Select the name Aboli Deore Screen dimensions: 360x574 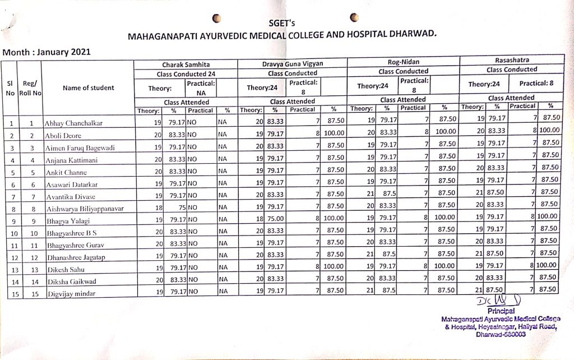(x=64, y=136)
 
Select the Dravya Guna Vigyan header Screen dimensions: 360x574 (x=292, y=64)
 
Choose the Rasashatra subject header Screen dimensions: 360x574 (x=511, y=60)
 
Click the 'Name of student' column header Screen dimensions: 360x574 (x=88, y=87)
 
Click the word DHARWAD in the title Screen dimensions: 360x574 (x=410, y=33)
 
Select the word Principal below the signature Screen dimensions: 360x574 (x=501, y=311)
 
